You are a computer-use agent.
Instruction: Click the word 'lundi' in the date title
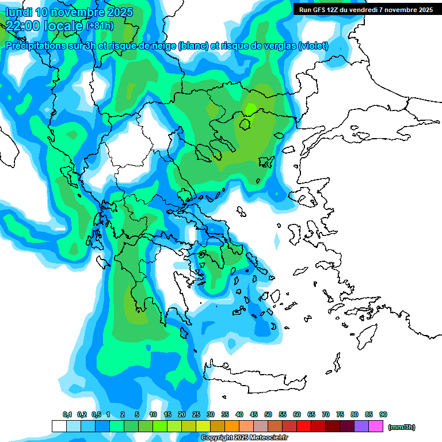point(21,12)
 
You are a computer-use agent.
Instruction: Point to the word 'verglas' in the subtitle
point(276,45)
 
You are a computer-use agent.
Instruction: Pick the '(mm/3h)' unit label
point(402,427)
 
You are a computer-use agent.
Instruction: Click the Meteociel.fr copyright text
point(245,438)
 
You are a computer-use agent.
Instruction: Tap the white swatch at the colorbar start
point(59,426)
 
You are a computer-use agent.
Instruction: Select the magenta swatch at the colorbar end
point(376,426)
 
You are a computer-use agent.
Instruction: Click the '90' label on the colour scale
point(383,414)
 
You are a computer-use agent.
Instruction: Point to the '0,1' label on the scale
point(67,414)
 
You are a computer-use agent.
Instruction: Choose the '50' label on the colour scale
point(268,414)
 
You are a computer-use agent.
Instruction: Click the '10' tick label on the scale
point(153,414)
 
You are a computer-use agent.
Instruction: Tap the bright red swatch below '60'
point(304,426)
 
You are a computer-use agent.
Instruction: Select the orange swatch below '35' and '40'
point(232,426)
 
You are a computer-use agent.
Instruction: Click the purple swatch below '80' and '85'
point(361,426)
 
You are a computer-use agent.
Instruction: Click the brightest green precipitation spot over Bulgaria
point(251,108)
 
